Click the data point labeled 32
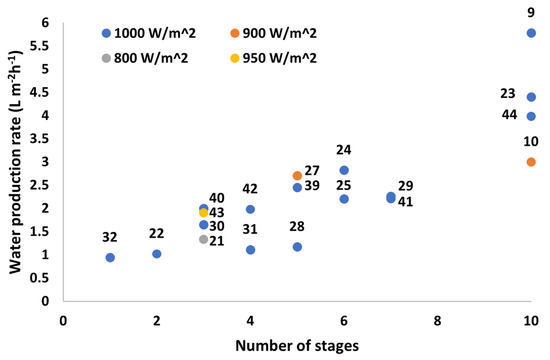(110, 257)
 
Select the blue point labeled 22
(157, 254)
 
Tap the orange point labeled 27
(297, 176)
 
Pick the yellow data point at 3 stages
(204, 213)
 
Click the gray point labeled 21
(204, 239)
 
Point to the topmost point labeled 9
(531, 33)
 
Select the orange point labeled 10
(531, 162)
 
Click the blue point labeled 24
(344, 170)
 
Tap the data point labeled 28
(297, 246)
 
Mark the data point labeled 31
(250, 249)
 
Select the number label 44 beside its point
(508, 116)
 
